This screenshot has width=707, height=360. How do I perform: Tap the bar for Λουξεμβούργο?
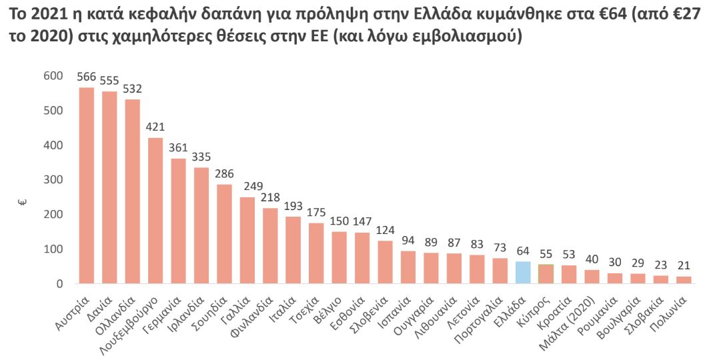point(155,211)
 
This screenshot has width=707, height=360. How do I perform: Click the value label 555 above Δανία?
point(109,80)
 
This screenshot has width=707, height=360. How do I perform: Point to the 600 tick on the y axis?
point(53,76)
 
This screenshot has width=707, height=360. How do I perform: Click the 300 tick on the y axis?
point(53,180)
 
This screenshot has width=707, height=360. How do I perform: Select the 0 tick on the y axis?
point(59,284)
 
